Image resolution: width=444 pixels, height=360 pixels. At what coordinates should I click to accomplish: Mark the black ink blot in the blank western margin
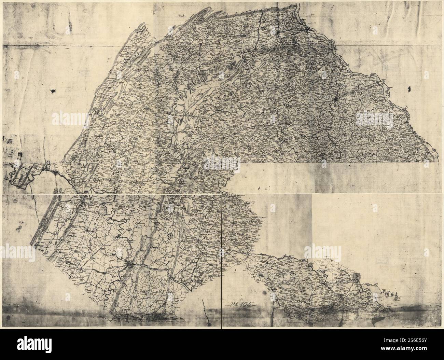pyautogui.click(x=54, y=91)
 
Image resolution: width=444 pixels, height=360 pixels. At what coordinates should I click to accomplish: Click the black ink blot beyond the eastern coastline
pyautogui.click(x=409, y=89)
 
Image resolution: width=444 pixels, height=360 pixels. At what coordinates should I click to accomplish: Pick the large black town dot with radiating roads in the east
pyautogui.click(x=336, y=100)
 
